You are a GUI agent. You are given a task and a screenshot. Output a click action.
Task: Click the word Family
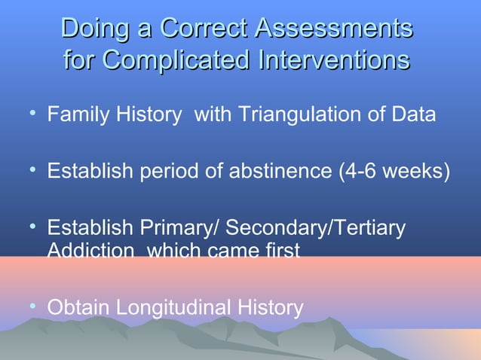pyautogui.click(x=76, y=116)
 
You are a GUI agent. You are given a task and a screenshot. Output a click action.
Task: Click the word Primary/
pyautogui.click(x=184, y=228)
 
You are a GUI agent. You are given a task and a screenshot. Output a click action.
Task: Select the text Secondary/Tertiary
pyautogui.click(x=316, y=228)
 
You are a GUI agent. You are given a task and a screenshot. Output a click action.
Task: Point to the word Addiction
pyautogui.click(x=84, y=249)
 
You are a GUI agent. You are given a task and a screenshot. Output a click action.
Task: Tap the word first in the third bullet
pyautogui.click(x=282, y=249)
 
